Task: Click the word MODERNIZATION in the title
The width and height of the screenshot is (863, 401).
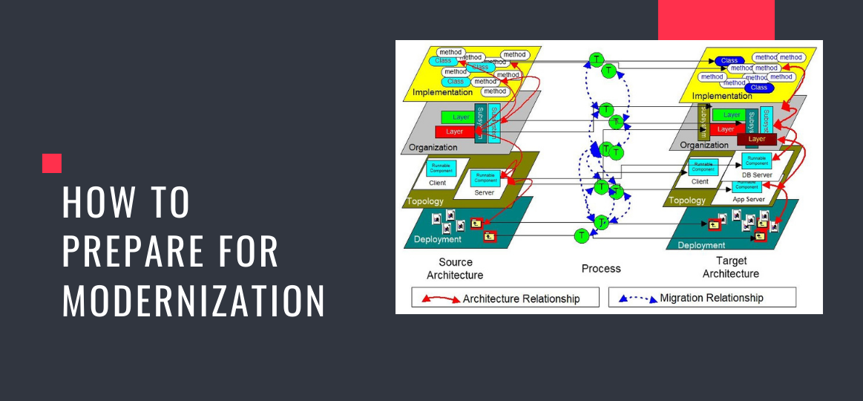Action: tap(193, 301)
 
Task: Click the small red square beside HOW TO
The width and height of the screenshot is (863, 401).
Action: tap(52, 163)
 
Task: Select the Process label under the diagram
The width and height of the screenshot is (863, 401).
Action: tap(601, 268)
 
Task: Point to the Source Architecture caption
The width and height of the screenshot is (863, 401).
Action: tap(455, 268)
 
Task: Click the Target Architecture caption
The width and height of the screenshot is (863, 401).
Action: tap(731, 267)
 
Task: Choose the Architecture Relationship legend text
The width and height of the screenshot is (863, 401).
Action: tap(520, 299)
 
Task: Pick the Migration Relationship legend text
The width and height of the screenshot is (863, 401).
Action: tap(711, 298)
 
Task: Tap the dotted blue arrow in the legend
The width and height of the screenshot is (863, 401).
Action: tap(637, 299)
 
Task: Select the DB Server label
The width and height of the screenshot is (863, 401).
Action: tap(757, 175)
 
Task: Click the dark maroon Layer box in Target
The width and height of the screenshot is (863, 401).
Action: tap(757, 139)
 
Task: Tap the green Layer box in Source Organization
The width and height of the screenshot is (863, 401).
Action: tap(461, 117)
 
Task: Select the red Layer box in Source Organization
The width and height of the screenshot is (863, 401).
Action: tap(454, 131)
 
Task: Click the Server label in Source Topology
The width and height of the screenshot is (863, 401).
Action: tap(484, 192)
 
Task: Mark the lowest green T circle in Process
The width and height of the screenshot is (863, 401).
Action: tap(582, 235)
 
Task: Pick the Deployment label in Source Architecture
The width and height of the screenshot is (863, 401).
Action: tap(438, 239)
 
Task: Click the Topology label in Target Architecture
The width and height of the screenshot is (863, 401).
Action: tap(687, 200)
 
